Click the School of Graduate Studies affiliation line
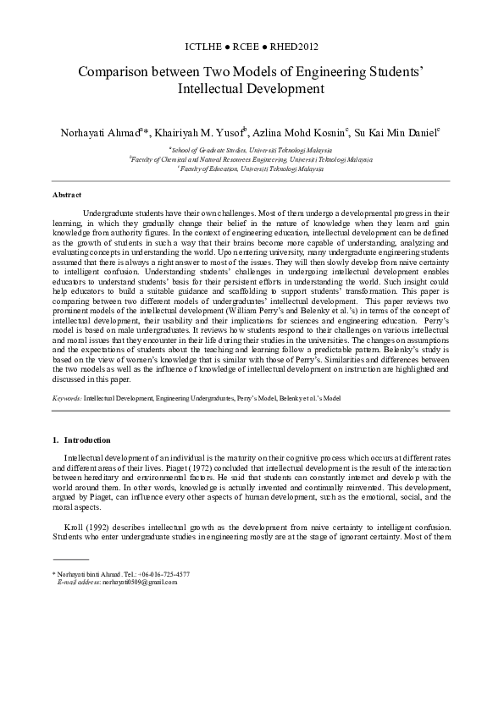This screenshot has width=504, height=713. click(251, 147)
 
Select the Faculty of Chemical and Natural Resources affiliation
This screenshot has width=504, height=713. click(251, 158)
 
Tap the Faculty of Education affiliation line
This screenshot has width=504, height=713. click(251, 168)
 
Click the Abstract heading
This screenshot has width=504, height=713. click(67, 195)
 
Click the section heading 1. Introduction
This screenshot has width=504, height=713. click(81, 440)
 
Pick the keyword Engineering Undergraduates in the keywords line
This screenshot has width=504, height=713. click(191, 396)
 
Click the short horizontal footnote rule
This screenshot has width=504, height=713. click(70, 560)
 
